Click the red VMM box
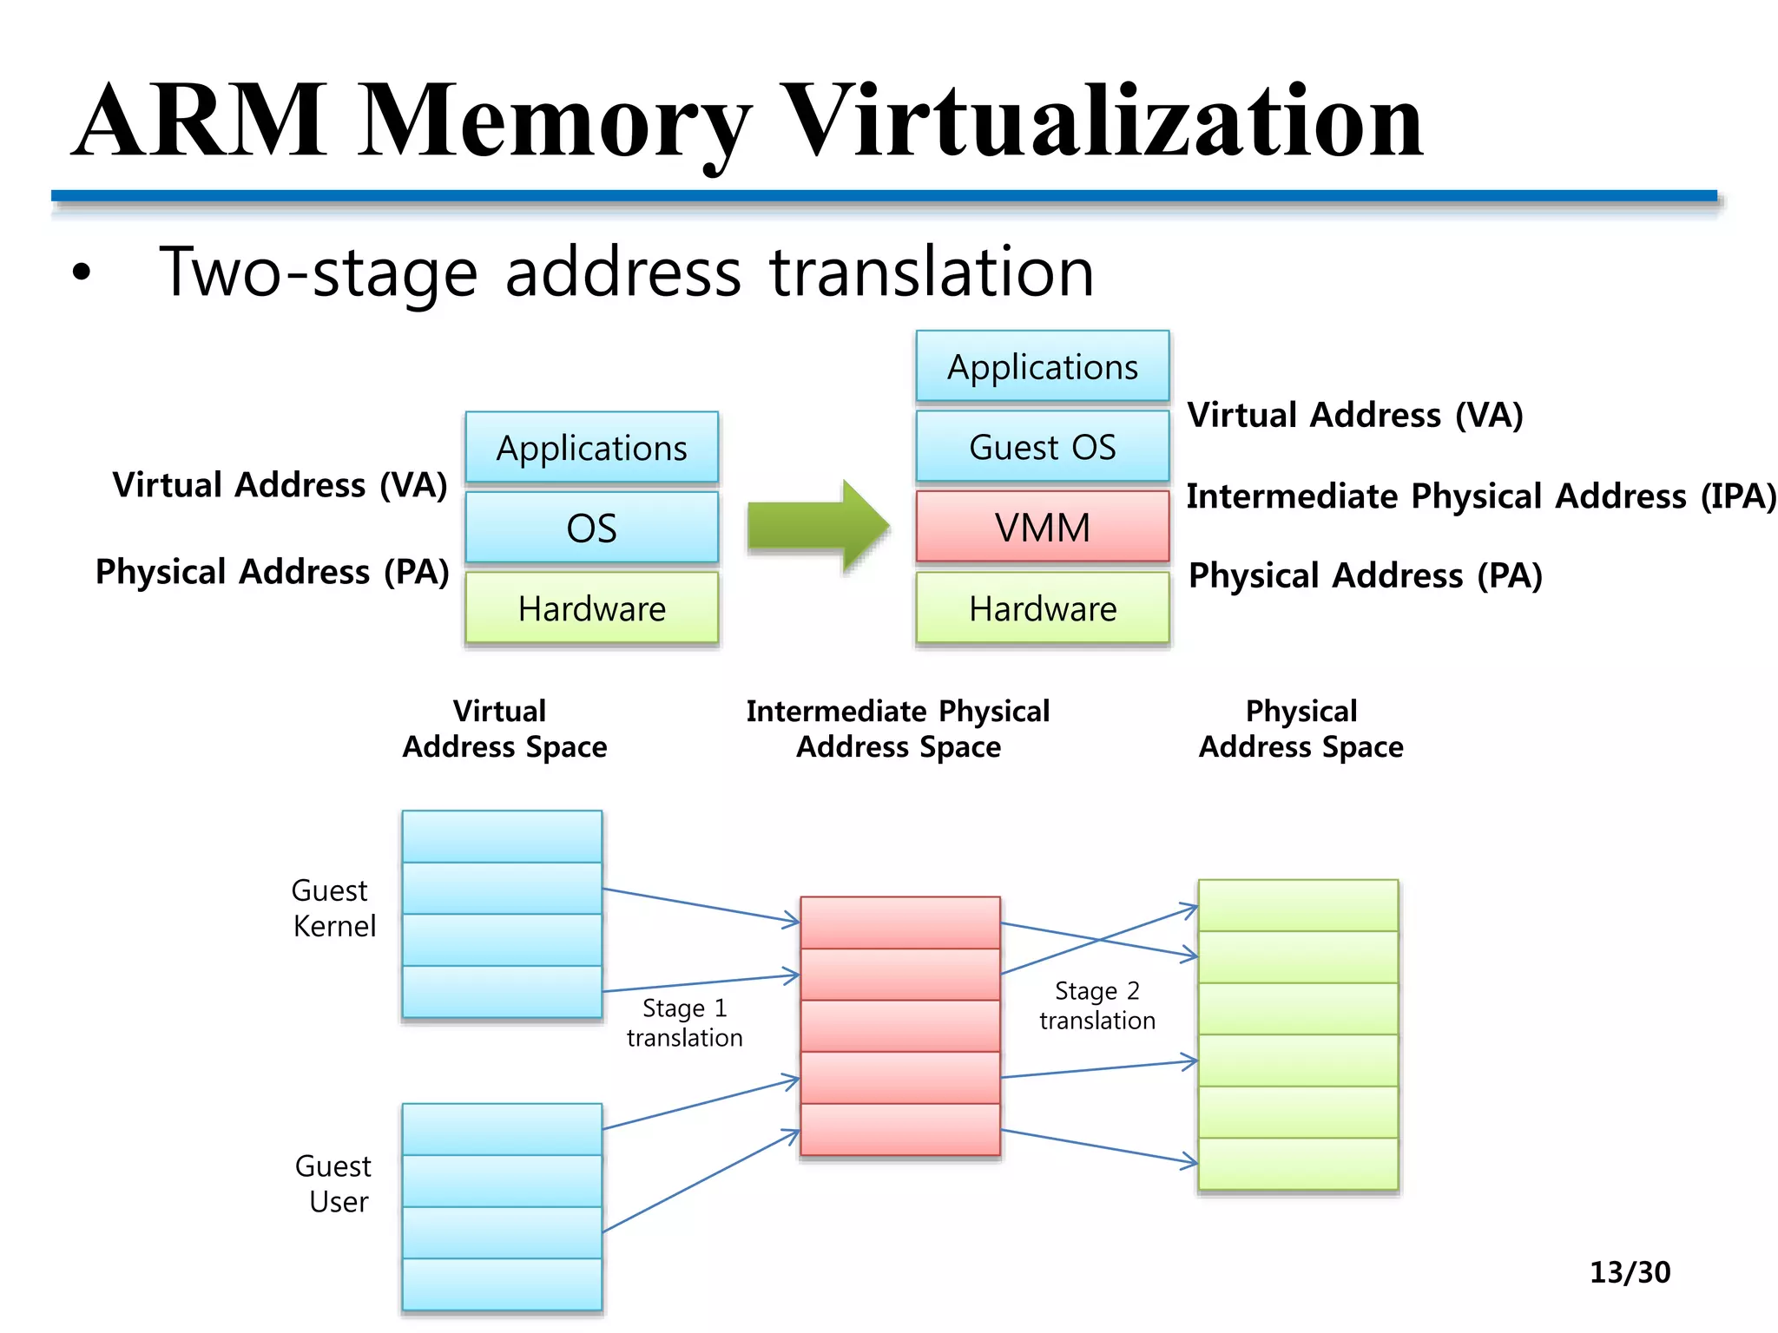click(x=1042, y=528)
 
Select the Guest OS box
click(x=1042, y=447)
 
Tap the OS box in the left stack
click(x=591, y=528)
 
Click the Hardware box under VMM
click(x=1042, y=608)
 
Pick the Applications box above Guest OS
click(x=1042, y=367)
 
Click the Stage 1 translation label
click(x=684, y=1022)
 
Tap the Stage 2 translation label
click(x=1096, y=1005)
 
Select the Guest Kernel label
click(x=333, y=908)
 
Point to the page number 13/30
click(x=1629, y=1272)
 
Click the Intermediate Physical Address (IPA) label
click(x=1480, y=496)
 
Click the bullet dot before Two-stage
click(x=82, y=273)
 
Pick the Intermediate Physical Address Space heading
click(x=898, y=729)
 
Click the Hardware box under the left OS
click(x=591, y=608)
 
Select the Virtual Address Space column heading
click(x=504, y=729)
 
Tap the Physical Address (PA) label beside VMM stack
click(x=1365, y=575)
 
